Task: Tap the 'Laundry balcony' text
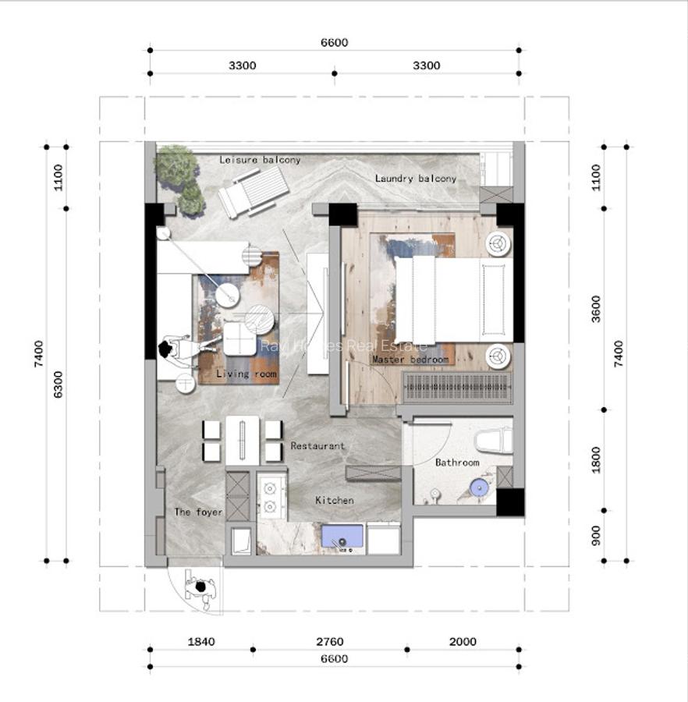tap(415, 179)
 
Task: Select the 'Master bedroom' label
tap(410, 360)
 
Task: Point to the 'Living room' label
tap(246, 374)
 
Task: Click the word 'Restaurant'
tap(317, 446)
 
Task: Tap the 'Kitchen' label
tap(334, 500)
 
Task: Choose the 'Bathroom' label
tap(457, 463)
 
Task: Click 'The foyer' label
tap(198, 512)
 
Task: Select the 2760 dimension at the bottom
tap(329, 642)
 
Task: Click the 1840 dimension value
tap(201, 642)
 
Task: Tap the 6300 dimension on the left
tap(59, 385)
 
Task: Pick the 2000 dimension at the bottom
tap(463, 642)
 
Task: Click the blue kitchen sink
tap(342, 537)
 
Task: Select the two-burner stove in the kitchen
tap(270, 498)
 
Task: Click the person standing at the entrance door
tap(201, 587)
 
